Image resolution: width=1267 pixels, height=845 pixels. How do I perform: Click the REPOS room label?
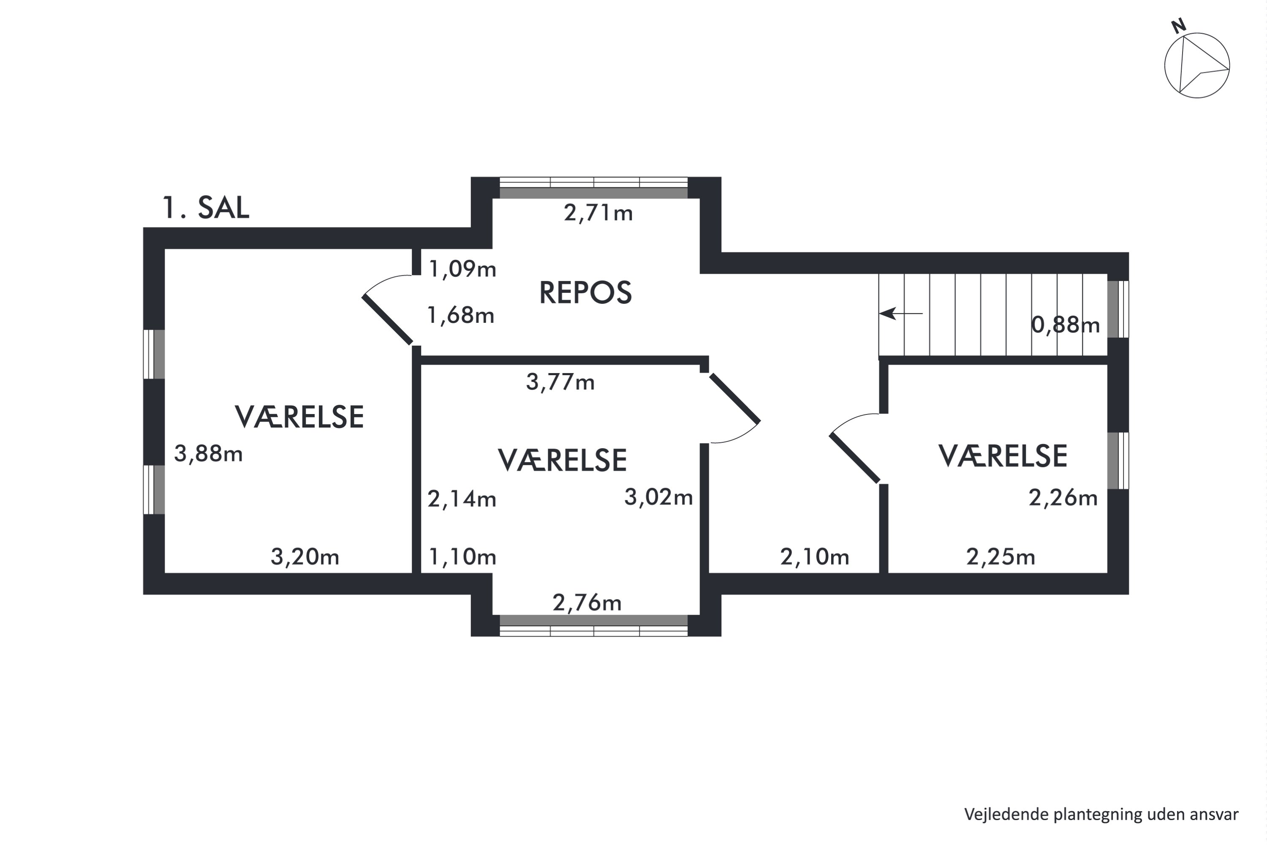pyautogui.click(x=585, y=293)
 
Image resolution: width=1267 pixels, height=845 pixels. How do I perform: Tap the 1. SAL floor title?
pyautogui.click(x=206, y=207)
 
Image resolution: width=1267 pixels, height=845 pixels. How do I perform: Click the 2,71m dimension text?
pyautogui.click(x=598, y=213)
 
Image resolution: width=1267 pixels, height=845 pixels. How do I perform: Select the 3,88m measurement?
pyautogui.click(x=208, y=454)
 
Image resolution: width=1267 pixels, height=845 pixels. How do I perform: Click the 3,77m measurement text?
pyautogui.click(x=560, y=382)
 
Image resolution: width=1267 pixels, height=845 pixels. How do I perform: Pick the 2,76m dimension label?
pyautogui.click(x=587, y=602)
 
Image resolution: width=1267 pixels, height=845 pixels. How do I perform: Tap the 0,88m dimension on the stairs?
pyautogui.click(x=1065, y=325)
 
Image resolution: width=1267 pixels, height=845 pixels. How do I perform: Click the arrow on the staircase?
pyautogui.click(x=901, y=313)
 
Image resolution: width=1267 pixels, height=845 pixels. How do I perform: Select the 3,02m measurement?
pyautogui.click(x=658, y=497)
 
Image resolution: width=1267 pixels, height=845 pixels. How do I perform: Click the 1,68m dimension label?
pyautogui.click(x=461, y=315)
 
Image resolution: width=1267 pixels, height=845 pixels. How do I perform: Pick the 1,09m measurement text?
pyautogui.click(x=462, y=269)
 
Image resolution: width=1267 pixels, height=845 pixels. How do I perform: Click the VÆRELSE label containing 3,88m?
pyautogui.click(x=299, y=417)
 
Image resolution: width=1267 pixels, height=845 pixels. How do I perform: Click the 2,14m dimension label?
pyautogui.click(x=462, y=499)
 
